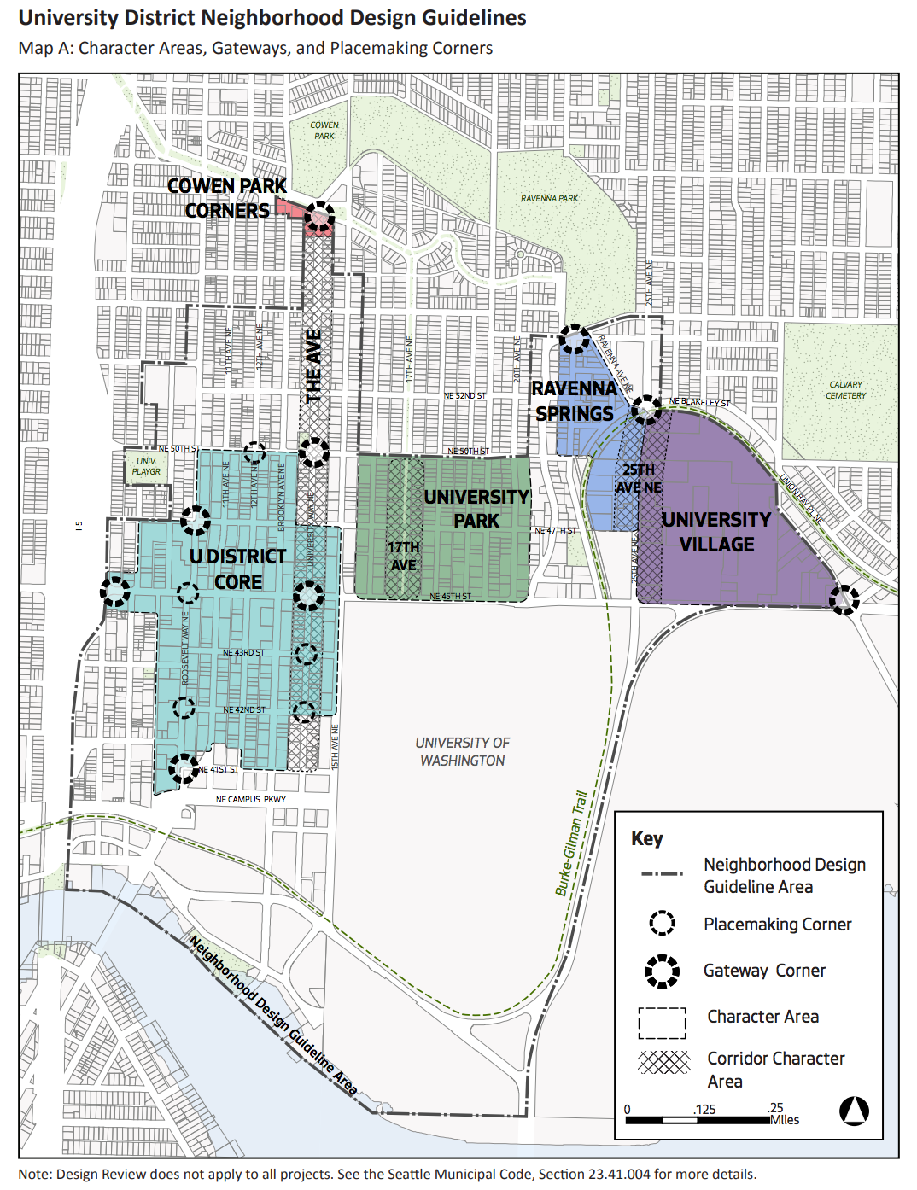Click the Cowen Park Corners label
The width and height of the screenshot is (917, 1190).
227,198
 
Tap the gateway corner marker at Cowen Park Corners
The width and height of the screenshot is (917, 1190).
320,217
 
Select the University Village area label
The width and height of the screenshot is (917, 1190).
716,532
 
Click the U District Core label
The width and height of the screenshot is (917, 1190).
237,569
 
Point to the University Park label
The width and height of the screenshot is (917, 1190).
476,508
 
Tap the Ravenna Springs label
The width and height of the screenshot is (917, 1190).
574,401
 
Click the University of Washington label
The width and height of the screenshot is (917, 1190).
462,751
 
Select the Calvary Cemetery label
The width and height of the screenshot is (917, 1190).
845,390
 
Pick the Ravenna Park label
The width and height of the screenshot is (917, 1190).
549,198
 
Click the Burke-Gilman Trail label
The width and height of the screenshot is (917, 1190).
571,843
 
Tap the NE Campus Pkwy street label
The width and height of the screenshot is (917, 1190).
250,800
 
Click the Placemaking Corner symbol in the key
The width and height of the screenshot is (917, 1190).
662,923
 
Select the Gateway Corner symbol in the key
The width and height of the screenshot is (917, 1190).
662,971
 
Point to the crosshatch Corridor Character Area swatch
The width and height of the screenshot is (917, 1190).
663,1062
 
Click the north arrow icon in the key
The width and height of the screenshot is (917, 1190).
854,1111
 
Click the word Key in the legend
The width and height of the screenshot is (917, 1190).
646,838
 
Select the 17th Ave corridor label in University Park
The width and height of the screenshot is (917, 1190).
403,556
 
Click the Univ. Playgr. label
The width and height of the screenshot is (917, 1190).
147,466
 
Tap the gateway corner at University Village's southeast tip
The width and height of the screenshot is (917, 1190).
844,599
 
